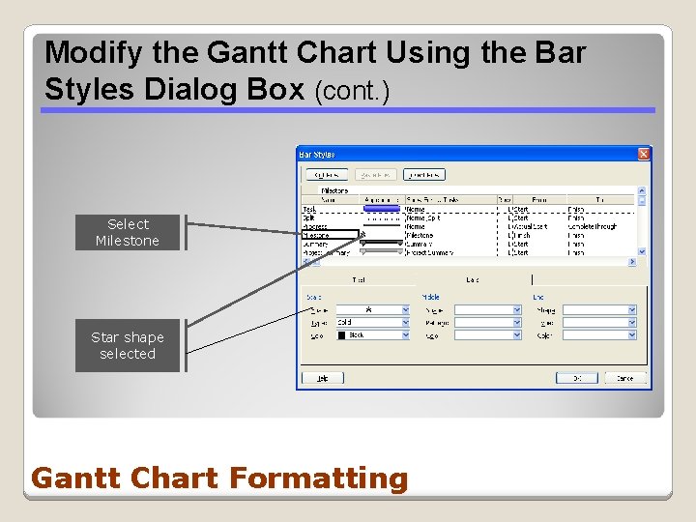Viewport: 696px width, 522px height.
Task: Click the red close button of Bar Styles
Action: (x=643, y=154)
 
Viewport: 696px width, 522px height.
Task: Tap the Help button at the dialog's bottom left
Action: (x=322, y=377)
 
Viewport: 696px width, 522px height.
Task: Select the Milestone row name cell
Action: (x=316, y=235)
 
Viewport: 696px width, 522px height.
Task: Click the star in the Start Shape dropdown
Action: (x=367, y=309)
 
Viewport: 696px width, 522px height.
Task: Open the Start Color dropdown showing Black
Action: (x=372, y=334)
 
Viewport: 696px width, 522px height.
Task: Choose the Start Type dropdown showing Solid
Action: (x=372, y=322)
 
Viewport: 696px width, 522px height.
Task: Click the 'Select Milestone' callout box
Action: (x=128, y=232)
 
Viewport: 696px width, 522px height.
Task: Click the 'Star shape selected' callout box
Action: (x=128, y=345)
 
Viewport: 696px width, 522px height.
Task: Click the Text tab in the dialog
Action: (x=359, y=278)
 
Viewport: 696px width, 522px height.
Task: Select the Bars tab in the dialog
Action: (x=473, y=278)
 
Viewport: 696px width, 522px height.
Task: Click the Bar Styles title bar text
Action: (x=317, y=154)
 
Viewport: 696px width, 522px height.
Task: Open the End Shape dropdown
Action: (x=599, y=309)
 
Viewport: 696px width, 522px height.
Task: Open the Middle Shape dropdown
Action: (x=487, y=309)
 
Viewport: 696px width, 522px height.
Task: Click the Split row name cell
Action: (x=310, y=217)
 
